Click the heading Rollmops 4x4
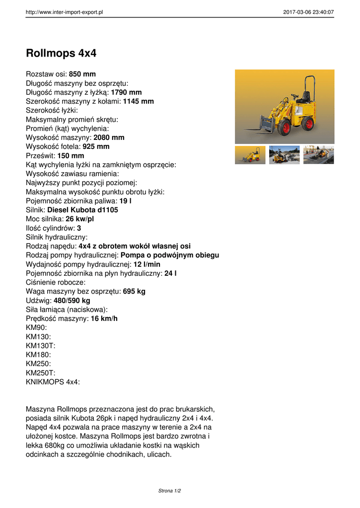click(x=61, y=53)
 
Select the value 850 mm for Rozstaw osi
click(x=82, y=74)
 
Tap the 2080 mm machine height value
click(x=109, y=137)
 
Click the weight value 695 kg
click(x=134, y=291)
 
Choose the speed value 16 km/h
click(x=104, y=318)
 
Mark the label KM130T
click(x=40, y=346)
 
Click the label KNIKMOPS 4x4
click(x=52, y=382)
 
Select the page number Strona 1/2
click(x=170, y=491)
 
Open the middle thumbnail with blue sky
click(x=284, y=155)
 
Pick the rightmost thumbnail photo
click(x=318, y=155)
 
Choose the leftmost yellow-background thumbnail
click(x=250, y=155)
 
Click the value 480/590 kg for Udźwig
click(x=72, y=301)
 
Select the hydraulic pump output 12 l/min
click(x=147, y=264)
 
